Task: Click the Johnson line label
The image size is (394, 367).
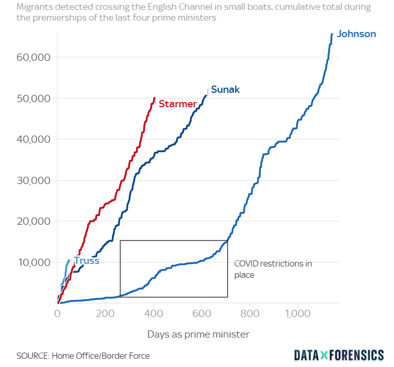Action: click(356, 34)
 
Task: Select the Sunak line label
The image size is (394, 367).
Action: click(225, 90)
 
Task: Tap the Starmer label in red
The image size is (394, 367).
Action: click(177, 104)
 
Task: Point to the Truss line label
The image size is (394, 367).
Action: click(87, 261)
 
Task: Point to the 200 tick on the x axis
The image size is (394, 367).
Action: click(106, 313)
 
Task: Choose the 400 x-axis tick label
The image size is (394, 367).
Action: click(154, 313)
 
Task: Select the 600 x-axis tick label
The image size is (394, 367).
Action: click(202, 313)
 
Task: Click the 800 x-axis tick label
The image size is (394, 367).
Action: click(250, 313)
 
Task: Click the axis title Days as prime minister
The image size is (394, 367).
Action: click(198, 335)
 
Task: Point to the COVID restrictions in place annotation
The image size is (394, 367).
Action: click(273, 269)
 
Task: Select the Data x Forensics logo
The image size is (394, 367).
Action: click(339, 355)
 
